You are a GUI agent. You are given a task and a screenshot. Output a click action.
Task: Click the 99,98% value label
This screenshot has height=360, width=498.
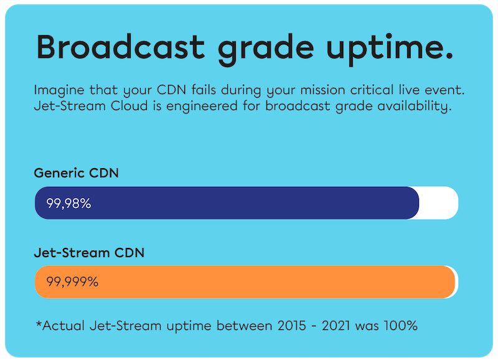click(68, 203)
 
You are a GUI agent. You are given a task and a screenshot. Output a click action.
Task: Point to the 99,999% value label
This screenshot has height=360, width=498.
click(72, 282)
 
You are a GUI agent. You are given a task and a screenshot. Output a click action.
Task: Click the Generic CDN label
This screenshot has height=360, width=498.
click(76, 173)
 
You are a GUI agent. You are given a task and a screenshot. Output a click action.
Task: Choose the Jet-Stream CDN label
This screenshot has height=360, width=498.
click(89, 253)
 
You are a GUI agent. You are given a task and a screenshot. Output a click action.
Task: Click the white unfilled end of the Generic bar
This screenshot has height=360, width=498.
click(439, 203)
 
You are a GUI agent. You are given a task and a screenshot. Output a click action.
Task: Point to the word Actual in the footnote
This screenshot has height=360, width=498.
click(63, 325)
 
